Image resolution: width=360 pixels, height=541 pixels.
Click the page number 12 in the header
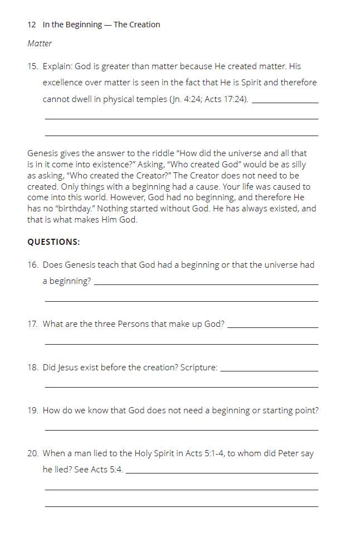click(x=31, y=25)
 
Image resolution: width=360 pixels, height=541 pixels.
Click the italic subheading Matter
click(x=40, y=44)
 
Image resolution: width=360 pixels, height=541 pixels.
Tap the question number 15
click(x=32, y=66)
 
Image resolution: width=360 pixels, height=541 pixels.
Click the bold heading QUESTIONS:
click(x=53, y=242)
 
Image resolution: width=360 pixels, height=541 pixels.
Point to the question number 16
click(x=32, y=265)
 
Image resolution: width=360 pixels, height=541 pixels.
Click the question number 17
click(x=32, y=324)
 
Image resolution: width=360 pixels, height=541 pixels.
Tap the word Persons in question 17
click(x=133, y=324)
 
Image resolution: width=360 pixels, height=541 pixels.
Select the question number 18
click(x=32, y=368)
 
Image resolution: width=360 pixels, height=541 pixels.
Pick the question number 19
click(x=32, y=410)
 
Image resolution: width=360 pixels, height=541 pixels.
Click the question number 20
click(x=32, y=453)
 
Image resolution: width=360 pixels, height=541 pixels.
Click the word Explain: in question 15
click(x=60, y=66)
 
